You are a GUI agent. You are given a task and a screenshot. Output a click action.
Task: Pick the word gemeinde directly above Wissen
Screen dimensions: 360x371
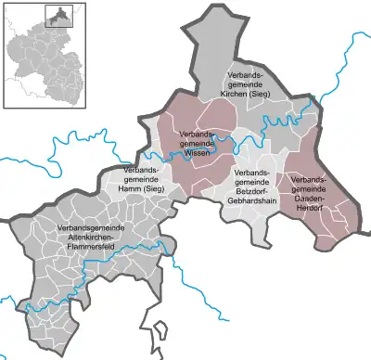tap(199, 144)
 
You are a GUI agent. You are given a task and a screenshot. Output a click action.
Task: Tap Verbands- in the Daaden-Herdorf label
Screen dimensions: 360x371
tap(310, 177)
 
